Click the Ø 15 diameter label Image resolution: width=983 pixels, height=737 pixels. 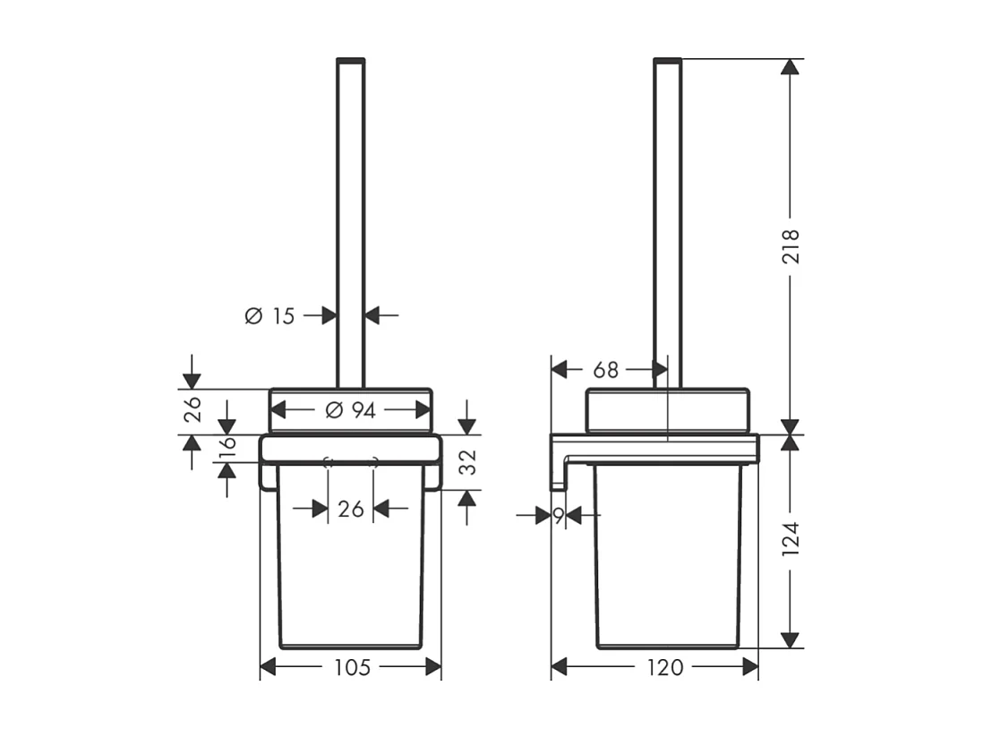tap(269, 315)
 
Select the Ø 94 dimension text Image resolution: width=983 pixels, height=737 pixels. tap(351, 410)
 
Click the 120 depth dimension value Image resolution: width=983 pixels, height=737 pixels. tap(663, 667)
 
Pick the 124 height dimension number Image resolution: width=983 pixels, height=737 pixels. tap(790, 539)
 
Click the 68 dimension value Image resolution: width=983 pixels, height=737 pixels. tap(606, 369)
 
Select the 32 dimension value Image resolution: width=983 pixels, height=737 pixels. tap(466, 462)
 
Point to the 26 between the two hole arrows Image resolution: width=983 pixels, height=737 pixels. tap(351, 509)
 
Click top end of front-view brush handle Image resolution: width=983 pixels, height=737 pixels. tap(351, 61)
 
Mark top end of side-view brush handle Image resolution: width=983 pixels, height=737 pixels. tap(668, 61)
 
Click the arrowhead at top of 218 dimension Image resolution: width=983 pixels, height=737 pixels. tap(790, 68)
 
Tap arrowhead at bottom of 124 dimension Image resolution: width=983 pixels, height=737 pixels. tap(790, 639)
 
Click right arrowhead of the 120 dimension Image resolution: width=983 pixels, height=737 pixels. tap(750, 667)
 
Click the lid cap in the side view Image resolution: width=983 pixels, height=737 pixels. tap(668, 410)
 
